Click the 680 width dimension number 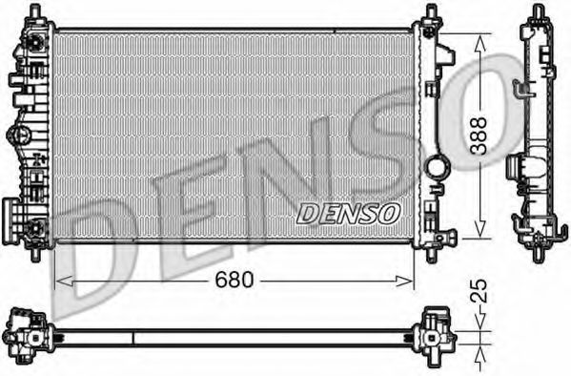[x=234, y=281]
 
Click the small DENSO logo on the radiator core [x=348, y=212]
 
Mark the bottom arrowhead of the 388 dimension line [x=479, y=235]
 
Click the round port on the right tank [x=438, y=168]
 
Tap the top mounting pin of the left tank [x=38, y=11]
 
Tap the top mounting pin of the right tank [x=432, y=11]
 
